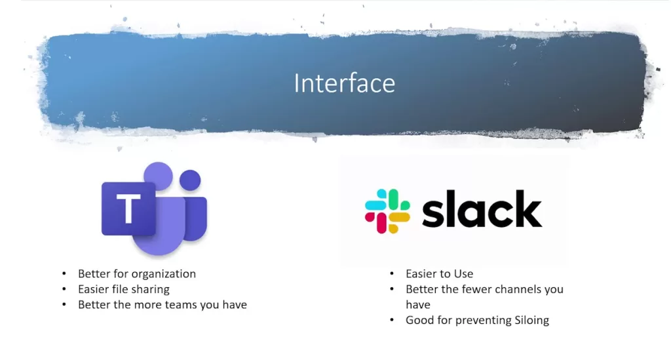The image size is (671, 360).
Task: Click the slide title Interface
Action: [344, 83]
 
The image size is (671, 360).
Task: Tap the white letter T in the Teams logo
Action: [128, 209]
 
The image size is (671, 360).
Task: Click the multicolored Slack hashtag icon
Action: [387, 211]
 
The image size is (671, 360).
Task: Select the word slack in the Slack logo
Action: [482, 209]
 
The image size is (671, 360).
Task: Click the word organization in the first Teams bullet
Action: [164, 273]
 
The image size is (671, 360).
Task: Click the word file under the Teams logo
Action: [119, 289]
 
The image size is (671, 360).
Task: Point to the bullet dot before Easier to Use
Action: [392, 274]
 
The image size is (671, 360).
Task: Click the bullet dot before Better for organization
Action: [64, 274]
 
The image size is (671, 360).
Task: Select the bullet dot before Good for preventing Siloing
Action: [392, 321]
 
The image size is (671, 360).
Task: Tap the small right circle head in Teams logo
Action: [190, 180]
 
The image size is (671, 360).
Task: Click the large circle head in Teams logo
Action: [157, 176]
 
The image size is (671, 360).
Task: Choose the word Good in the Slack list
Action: [419, 320]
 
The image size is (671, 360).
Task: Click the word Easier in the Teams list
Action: [94, 289]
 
